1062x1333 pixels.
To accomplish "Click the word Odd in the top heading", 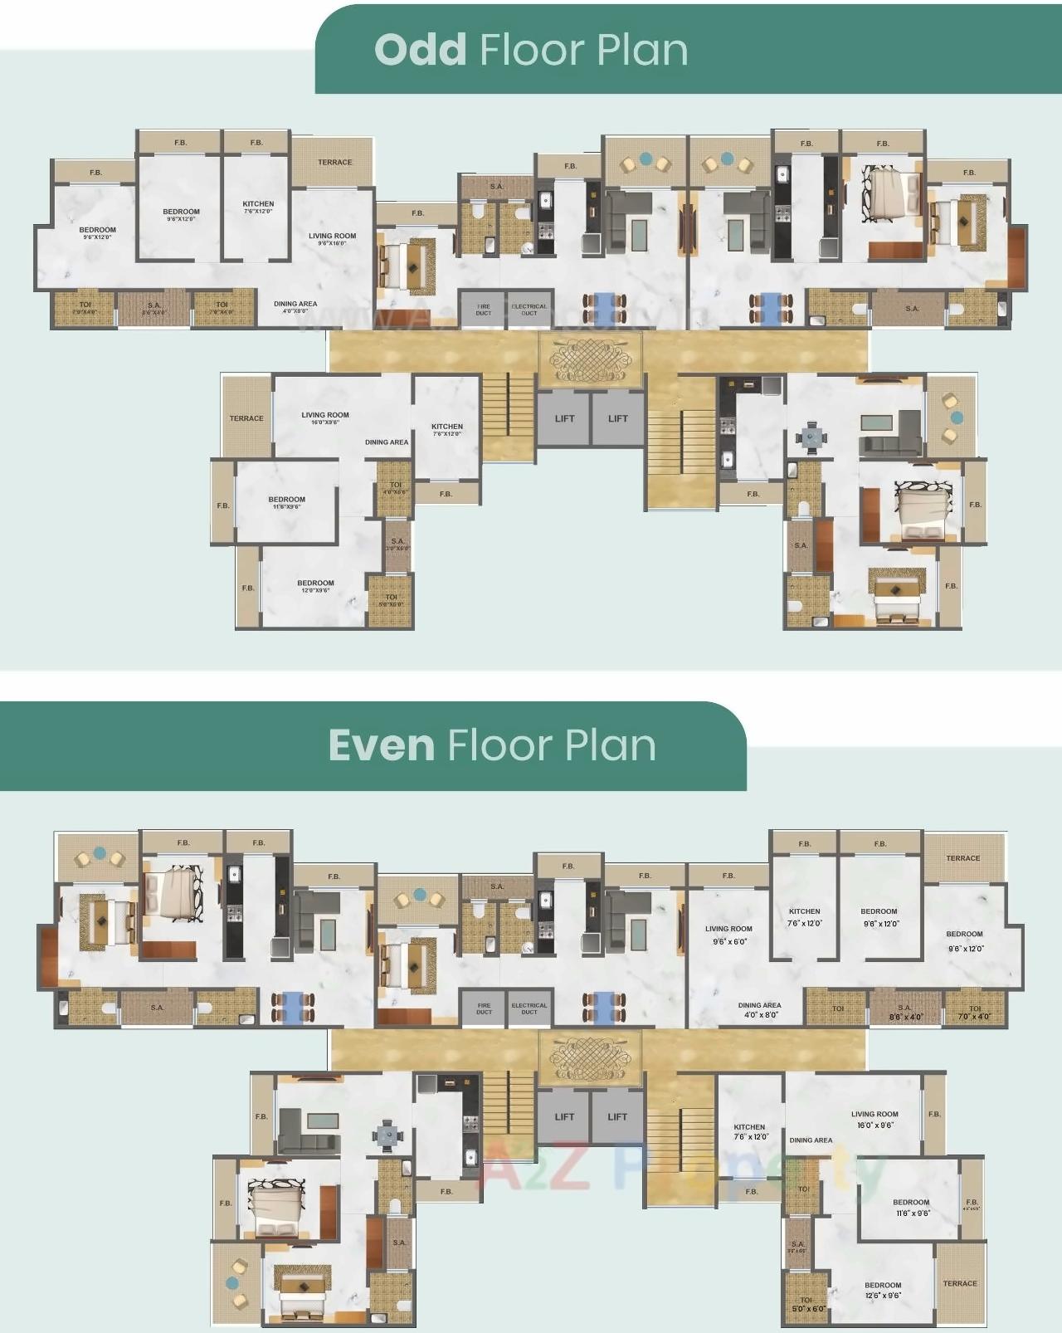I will (x=420, y=50).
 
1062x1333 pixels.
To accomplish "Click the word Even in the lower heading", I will (x=382, y=745).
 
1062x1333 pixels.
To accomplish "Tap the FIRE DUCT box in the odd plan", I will (x=483, y=310).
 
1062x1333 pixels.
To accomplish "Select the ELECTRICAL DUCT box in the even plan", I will (x=529, y=1008).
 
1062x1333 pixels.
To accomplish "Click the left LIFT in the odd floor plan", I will (x=564, y=418).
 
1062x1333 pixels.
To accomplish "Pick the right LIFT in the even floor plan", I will (x=617, y=1116).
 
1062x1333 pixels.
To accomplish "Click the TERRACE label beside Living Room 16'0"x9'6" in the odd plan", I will (x=246, y=418).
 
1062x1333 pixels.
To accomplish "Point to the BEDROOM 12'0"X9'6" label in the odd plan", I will (x=315, y=586).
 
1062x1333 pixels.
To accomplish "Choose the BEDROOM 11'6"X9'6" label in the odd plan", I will (x=286, y=502).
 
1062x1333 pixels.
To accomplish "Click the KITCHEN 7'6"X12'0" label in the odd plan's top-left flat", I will (x=258, y=207).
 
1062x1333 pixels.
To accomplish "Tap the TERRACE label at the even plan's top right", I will (x=962, y=858).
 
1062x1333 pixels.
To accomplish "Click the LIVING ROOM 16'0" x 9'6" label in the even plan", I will (x=874, y=1119).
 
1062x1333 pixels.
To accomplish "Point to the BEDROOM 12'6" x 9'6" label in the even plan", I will (x=883, y=1289).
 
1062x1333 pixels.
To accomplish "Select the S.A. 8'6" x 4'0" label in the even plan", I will (x=904, y=1012).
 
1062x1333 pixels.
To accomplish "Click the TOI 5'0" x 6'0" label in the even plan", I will (x=806, y=1304).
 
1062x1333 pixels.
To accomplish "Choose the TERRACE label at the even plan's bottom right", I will (x=960, y=1283).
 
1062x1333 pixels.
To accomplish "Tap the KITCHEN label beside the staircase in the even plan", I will (x=749, y=1131).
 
